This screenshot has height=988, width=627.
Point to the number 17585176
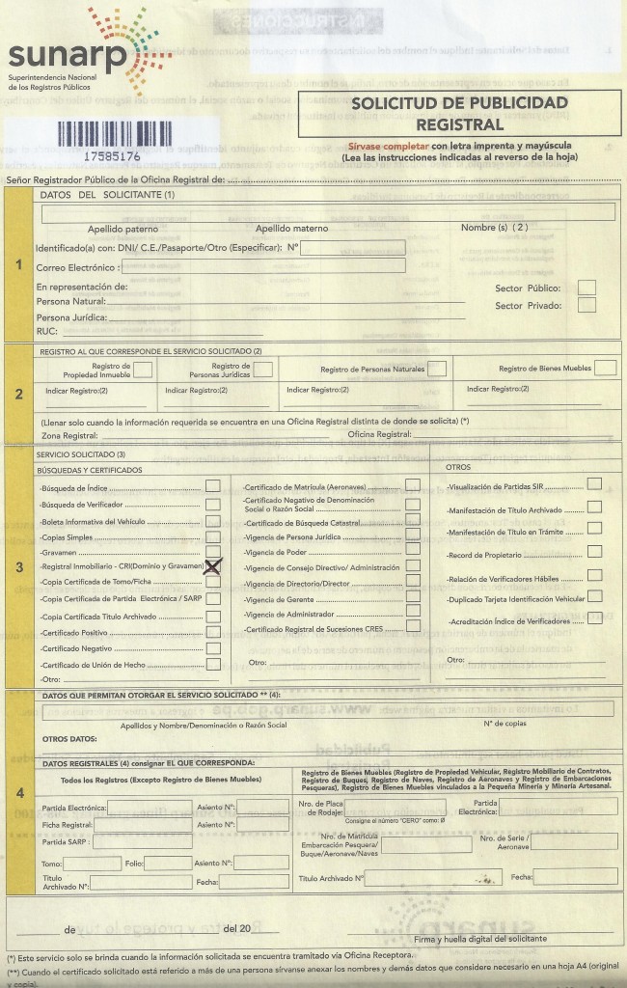[x=112, y=154]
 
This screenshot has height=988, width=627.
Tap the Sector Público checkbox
[x=586, y=287]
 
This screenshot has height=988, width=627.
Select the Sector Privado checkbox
[x=586, y=305]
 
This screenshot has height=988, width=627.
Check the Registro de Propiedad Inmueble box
[x=143, y=368]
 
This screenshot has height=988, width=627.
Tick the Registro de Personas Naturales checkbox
[x=437, y=368]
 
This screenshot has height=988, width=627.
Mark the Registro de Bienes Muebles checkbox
[x=605, y=368]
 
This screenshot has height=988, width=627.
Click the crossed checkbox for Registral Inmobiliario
[x=212, y=566]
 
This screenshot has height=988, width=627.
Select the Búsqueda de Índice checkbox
[x=212, y=485]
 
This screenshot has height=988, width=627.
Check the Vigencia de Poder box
[x=413, y=551]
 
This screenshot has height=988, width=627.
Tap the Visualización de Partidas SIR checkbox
[x=594, y=483]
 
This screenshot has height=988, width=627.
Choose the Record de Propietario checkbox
[x=594, y=553]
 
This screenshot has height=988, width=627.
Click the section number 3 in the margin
[x=19, y=566]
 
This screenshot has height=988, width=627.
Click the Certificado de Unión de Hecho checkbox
[x=212, y=665]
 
